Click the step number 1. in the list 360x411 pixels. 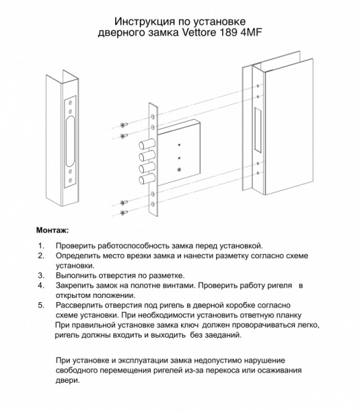[41, 245]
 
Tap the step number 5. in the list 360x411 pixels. [41, 303]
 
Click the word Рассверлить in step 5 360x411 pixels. [86, 303]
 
